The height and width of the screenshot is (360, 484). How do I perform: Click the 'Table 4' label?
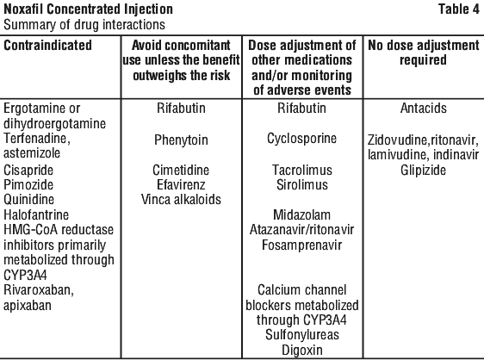click(x=459, y=9)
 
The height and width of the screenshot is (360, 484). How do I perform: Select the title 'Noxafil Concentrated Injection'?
click(x=89, y=9)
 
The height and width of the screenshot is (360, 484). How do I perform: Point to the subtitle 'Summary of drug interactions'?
click(x=84, y=25)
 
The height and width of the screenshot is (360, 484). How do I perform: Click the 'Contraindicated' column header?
click(x=48, y=45)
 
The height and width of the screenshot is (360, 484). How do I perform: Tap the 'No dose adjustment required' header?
click(x=424, y=53)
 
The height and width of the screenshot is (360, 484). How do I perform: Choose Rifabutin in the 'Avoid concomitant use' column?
click(x=181, y=108)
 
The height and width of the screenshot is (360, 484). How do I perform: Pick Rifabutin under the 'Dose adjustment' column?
click(x=301, y=108)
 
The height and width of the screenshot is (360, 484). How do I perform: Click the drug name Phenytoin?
click(x=181, y=140)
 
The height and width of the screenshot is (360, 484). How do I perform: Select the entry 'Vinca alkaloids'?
click(x=181, y=200)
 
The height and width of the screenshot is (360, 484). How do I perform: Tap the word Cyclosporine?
click(x=302, y=139)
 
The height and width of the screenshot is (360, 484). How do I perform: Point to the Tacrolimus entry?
click(x=302, y=170)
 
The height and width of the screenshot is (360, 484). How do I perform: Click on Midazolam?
click(x=302, y=214)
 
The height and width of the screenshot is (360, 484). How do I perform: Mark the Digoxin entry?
click(x=302, y=351)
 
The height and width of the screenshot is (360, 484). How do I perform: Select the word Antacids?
click(x=424, y=108)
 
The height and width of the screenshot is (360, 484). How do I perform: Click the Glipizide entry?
click(x=423, y=171)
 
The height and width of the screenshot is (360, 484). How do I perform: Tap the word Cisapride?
click(x=28, y=171)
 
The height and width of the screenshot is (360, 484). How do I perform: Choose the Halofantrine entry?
click(x=36, y=214)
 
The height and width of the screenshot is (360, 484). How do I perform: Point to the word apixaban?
click(x=28, y=306)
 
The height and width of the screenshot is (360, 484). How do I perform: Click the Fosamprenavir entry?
click(x=302, y=245)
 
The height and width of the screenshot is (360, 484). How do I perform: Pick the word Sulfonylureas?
click(x=302, y=335)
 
